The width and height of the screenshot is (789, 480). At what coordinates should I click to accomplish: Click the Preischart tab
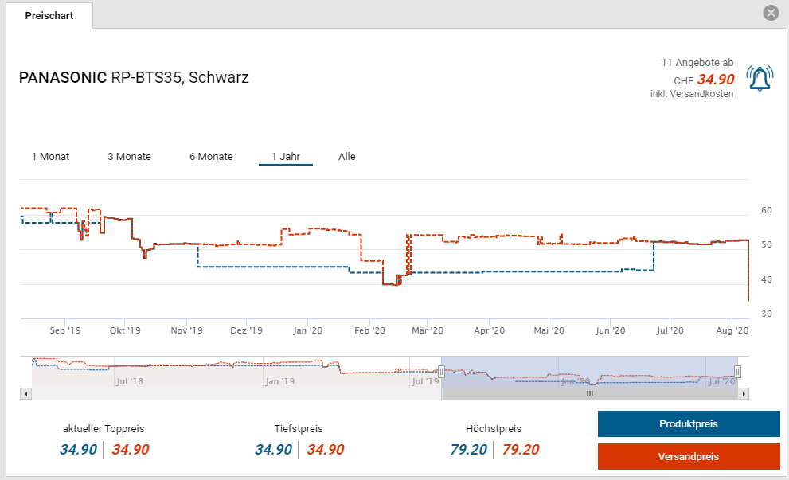[49, 16]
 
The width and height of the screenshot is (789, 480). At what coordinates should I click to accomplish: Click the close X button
[770, 13]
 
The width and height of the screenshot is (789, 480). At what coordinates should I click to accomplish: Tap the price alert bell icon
[760, 78]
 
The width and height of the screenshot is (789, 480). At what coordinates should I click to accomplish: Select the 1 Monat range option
[50, 157]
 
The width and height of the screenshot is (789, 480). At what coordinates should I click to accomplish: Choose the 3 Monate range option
[129, 157]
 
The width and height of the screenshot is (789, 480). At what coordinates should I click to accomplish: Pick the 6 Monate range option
[211, 157]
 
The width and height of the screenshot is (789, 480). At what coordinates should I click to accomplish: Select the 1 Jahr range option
[285, 157]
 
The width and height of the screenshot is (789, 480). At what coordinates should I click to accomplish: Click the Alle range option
[347, 157]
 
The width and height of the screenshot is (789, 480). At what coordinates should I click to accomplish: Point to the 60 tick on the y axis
[767, 211]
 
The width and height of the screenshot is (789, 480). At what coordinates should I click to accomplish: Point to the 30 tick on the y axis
[767, 314]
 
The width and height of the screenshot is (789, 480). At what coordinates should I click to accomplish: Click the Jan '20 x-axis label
[308, 330]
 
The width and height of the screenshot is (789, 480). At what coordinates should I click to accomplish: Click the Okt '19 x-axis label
[125, 330]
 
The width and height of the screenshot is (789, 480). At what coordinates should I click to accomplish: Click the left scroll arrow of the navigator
[26, 393]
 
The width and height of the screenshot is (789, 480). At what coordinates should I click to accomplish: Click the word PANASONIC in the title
[63, 78]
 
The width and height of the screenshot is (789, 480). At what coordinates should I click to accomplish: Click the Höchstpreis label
[494, 429]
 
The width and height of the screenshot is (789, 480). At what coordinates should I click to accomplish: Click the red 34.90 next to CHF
[716, 80]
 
